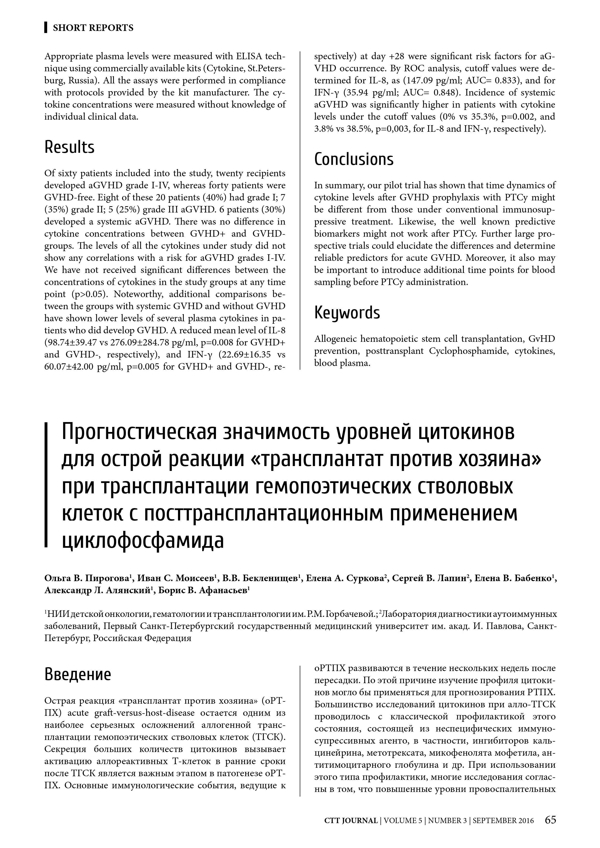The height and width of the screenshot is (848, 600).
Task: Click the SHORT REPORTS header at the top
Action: pyautogui.click(x=93, y=28)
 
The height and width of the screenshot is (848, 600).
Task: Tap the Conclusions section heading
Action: pyautogui.click(x=354, y=159)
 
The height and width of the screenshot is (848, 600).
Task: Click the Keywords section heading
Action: pyautogui.click(x=347, y=313)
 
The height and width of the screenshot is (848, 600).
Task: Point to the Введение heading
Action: pyautogui.click(x=78, y=674)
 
